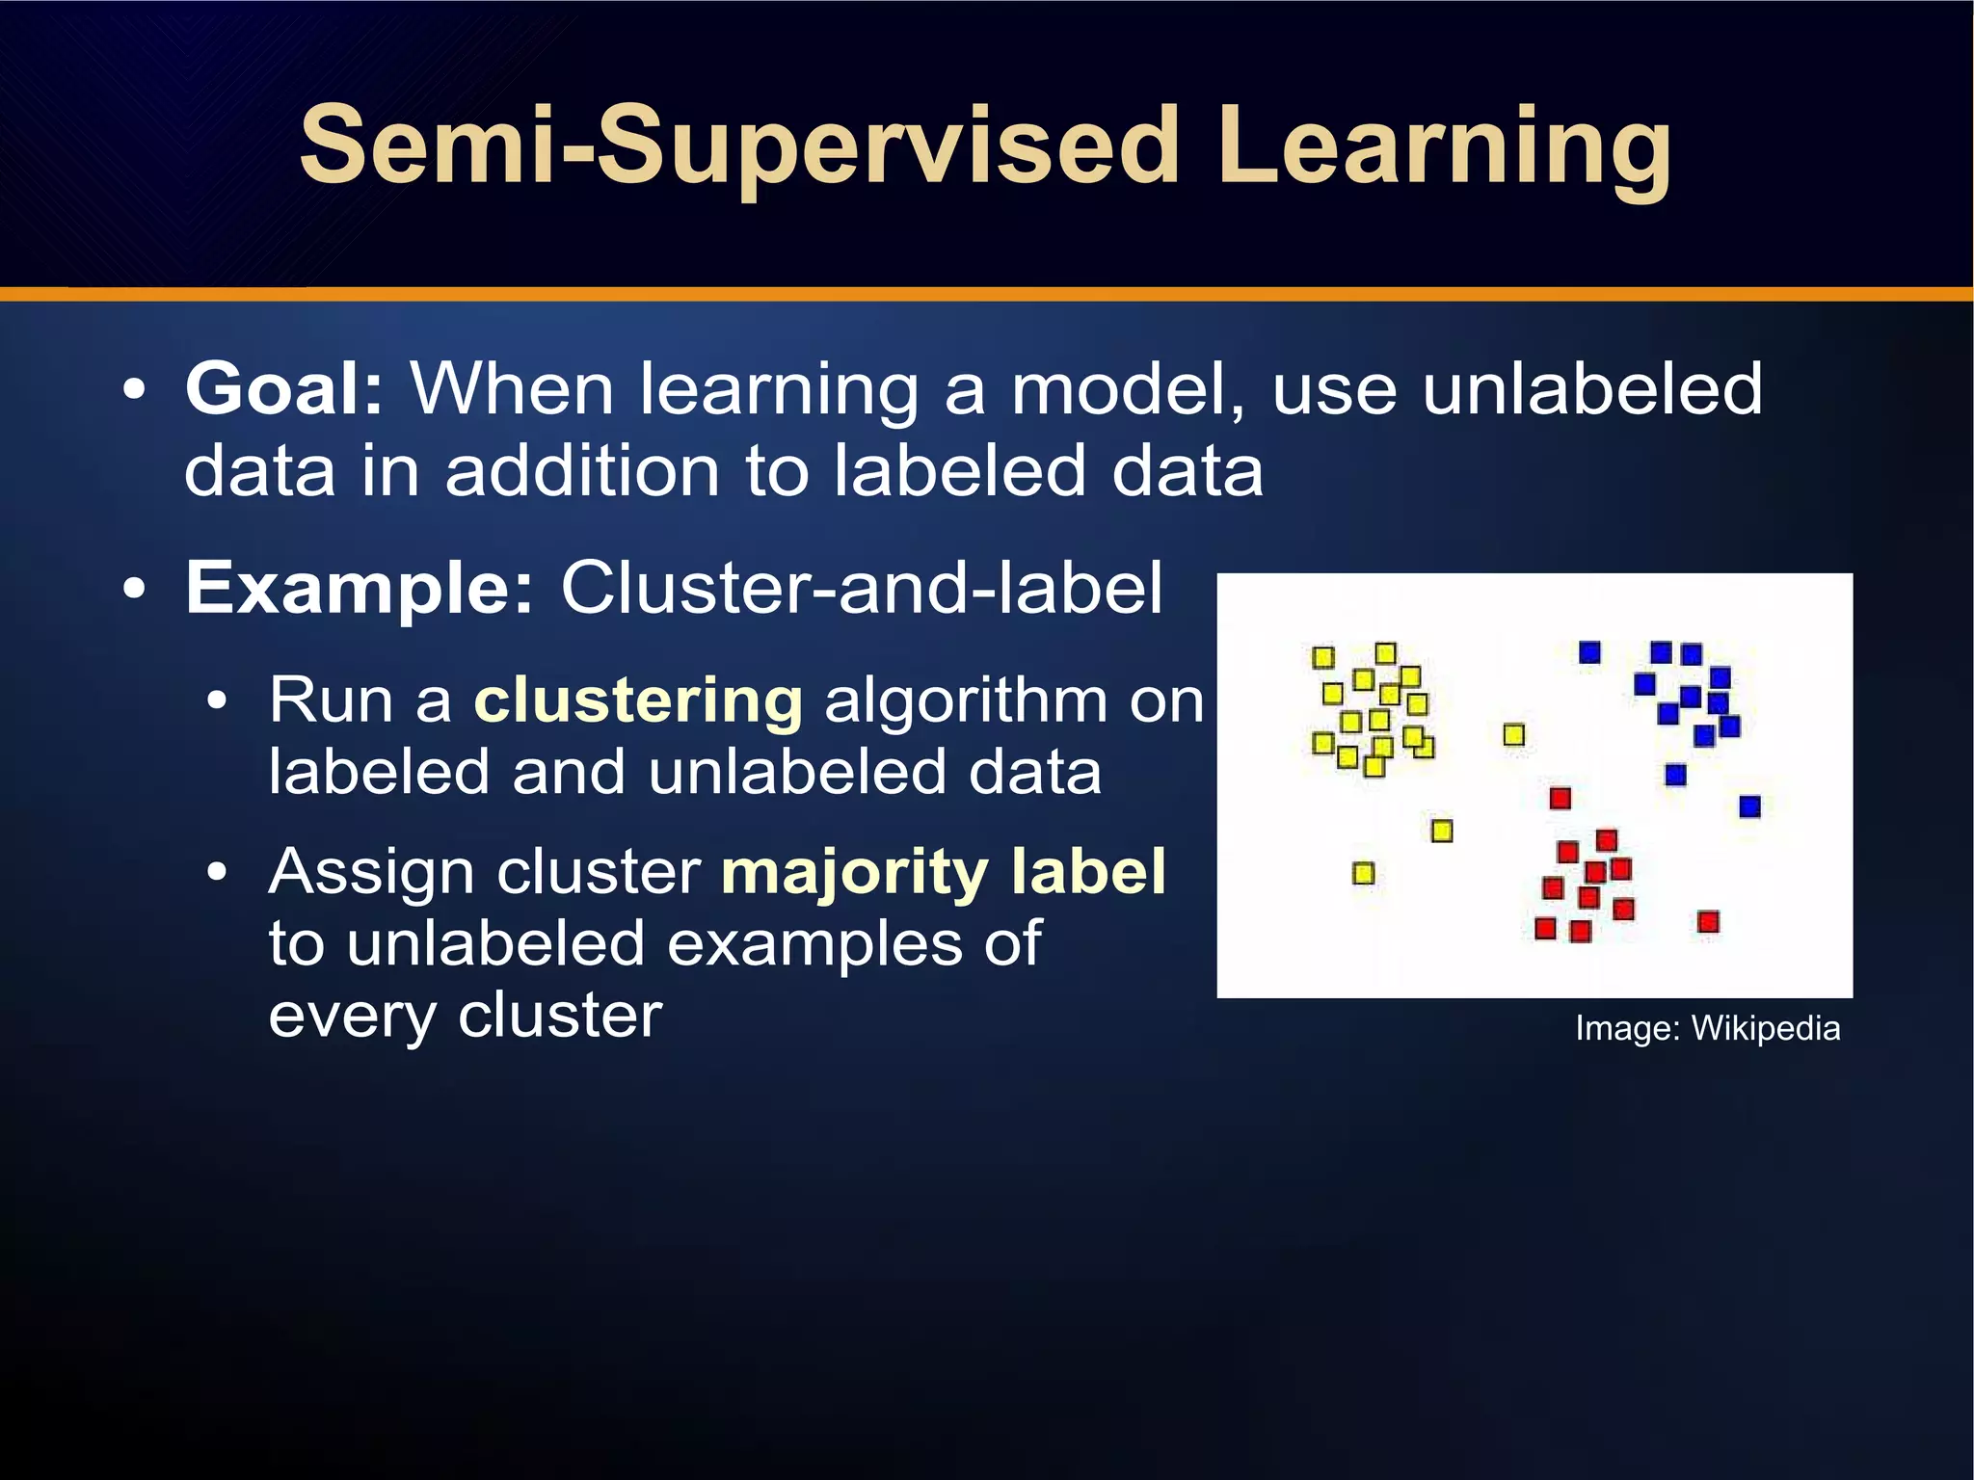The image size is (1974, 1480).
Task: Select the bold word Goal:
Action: coord(284,388)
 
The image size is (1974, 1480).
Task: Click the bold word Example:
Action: coord(359,587)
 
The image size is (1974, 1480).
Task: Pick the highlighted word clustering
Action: coord(638,700)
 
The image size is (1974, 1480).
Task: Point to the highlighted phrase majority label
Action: coord(943,871)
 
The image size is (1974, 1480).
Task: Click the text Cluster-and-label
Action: coord(862,587)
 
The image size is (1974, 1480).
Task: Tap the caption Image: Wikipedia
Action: coord(1707,1028)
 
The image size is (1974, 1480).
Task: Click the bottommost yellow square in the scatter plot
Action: coord(1363,873)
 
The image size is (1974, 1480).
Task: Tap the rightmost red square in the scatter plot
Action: coord(1708,922)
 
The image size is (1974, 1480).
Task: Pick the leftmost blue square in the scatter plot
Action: coord(1589,653)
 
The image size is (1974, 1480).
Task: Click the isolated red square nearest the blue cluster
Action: coord(1561,798)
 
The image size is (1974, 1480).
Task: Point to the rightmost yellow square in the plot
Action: coord(1514,735)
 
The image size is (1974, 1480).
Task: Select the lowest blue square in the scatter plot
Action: coord(1749,806)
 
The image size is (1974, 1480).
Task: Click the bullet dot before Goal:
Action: coord(135,390)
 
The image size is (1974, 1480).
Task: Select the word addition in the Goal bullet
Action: coord(582,471)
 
